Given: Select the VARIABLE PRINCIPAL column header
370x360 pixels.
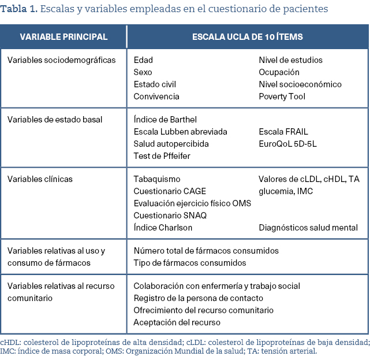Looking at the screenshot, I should tap(63, 37).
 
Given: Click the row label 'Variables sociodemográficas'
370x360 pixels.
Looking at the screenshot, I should tap(61, 60).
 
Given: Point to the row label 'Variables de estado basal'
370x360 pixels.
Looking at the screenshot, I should tap(55, 120).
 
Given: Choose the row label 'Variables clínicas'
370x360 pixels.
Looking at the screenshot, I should tap(40, 179).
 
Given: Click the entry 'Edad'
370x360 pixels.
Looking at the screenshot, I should tap(143, 60).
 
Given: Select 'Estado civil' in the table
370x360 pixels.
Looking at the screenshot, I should tap(155, 84).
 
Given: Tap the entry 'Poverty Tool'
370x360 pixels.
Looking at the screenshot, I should tap(282, 97).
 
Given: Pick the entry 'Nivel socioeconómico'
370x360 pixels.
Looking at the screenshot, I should tap(300, 84).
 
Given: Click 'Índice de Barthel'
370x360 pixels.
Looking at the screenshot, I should tap(165, 120).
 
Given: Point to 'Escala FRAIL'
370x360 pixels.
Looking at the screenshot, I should tap(283, 132).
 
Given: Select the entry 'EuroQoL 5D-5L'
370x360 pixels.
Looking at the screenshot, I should tap(287, 144).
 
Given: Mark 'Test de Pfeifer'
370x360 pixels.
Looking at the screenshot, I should tap(162, 156).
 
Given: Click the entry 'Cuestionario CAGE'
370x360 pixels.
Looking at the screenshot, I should tap(170, 191).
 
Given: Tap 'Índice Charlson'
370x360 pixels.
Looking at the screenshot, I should tap(163, 228).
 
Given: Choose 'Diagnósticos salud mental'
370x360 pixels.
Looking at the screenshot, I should tap(308, 228).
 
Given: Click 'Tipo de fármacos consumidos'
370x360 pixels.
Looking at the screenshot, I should tap(190, 263).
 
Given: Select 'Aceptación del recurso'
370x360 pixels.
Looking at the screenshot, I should tap(177, 322).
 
